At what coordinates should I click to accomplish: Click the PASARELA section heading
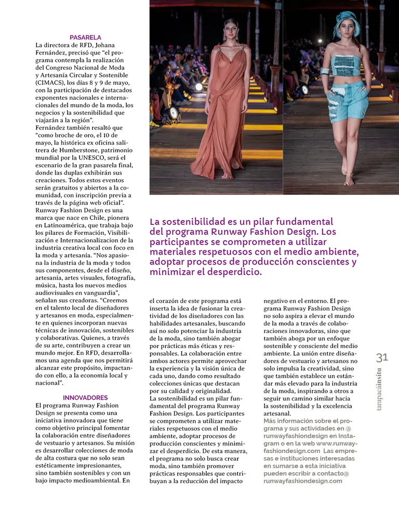pos(85,37)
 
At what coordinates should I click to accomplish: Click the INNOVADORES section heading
pos(85,397)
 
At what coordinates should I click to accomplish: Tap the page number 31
pos(382,357)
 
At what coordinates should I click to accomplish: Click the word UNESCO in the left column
pos(102,157)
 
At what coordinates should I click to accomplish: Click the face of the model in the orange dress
pos(230,30)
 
